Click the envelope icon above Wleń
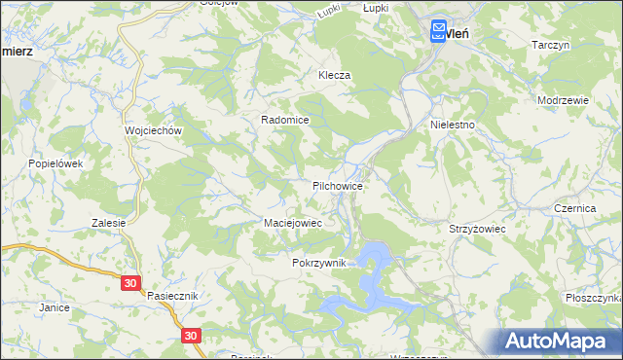439,31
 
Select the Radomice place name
284,120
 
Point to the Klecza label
334,75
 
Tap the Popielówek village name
55,163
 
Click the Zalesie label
109,223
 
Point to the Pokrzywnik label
318,264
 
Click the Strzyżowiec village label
476,228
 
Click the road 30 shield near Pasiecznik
131,283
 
